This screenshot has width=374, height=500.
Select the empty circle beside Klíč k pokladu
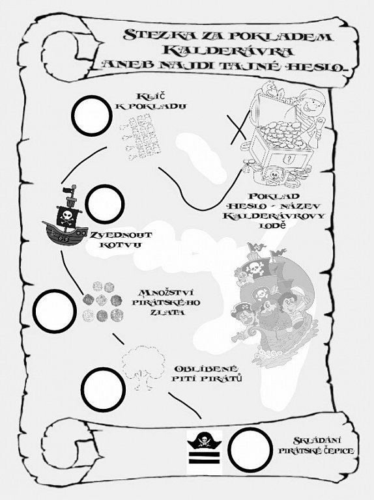tap(92, 116)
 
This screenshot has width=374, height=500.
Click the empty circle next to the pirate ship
tap(105, 204)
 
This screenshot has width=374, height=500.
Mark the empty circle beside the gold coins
tap(55, 311)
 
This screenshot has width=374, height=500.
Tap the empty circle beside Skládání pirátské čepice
tap(250, 450)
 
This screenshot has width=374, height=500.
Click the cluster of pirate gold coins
tap(103, 301)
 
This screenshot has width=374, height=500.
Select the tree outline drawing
tap(143, 367)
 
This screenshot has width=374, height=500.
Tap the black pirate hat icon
tap(204, 441)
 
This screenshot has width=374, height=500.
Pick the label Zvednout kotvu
tap(121, 240)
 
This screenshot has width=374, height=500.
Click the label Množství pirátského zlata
tap(166, 302)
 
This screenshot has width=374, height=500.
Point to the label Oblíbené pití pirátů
tap(207, 374)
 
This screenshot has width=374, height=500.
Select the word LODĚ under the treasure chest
tap(273, 225)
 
